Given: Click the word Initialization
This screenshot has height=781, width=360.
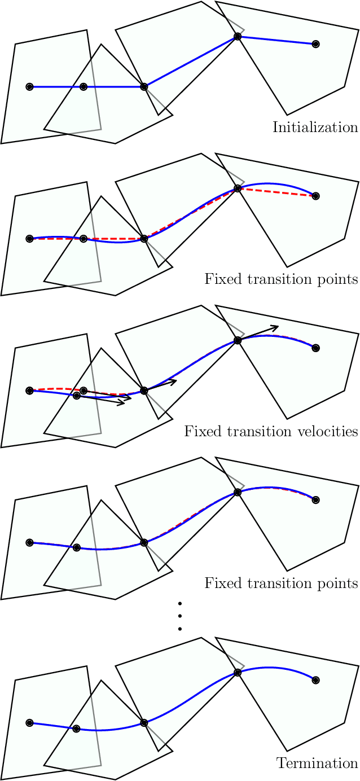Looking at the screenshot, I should pyautogui.click(x=315, y=128).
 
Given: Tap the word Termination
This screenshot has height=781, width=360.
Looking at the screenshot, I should pyautogui.click(x=317, y=764).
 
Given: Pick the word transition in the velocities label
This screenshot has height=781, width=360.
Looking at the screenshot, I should pyautogui.click(x=254, y=432).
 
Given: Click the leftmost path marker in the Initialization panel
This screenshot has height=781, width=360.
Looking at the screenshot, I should pyautogui.click(x=30, y=87).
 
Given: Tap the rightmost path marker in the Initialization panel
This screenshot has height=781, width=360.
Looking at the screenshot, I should pyautogui.click(x=315, y=44).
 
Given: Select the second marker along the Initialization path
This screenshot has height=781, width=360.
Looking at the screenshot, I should pyautogui.click(x=84, y=87).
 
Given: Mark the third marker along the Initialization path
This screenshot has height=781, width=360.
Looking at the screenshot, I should pyautogui.click(x=144, y=87).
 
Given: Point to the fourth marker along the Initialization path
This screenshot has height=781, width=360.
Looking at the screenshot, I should pyautogui.click(x=238, y=37).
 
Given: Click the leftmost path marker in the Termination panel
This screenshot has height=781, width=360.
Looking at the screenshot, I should pyautogui.click(x=30, y=722).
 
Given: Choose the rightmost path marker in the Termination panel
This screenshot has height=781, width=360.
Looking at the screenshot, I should pyautogui.click(x=315, y=680).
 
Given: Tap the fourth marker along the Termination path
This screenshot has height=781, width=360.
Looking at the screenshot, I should pyautogui.click(x=238, y=673).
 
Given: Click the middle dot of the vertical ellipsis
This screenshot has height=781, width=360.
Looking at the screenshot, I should pyautogui.click(x=180, y=616).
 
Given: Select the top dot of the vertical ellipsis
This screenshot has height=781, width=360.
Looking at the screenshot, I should pyautogui.click(x=180, y=604).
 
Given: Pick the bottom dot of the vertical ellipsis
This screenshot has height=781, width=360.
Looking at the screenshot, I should pyautogui.click(x=180, y=629).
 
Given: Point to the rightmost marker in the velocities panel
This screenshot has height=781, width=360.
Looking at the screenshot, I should pyautogui.click(x=315, y=348).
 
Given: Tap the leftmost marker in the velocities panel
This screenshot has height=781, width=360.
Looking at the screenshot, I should pyautogui.click(x=30, y=390).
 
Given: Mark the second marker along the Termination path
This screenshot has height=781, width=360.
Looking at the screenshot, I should pyautogui.click(x=77, y=729).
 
